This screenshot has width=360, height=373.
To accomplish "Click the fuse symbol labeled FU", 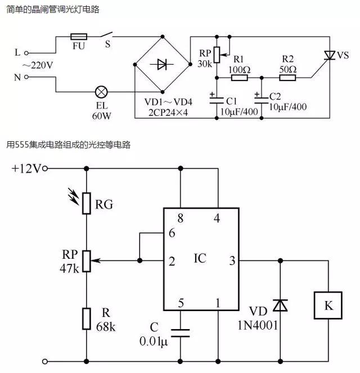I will point(78,36).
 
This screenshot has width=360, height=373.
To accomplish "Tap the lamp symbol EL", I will point(102,91).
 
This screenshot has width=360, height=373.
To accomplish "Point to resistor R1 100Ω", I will point(238,78).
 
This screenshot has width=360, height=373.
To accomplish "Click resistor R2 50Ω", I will point(287,78).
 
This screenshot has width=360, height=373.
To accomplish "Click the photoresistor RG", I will point(86,203).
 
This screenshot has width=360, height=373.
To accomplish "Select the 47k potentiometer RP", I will point(86,260).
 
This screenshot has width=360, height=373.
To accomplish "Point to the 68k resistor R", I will point(86,318).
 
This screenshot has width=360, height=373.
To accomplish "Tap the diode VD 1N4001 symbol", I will point(280,305).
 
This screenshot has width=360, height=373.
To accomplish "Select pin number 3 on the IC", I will point(232,260).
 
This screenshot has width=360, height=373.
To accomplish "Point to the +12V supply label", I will point(26,168).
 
